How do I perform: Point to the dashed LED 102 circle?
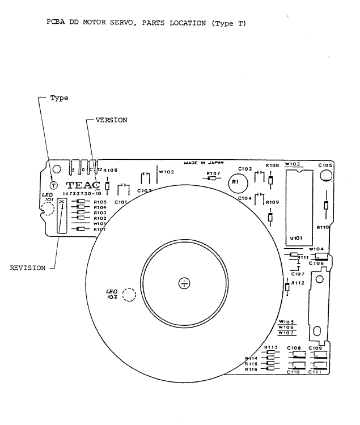point(129,295)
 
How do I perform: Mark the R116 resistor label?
point(252,369)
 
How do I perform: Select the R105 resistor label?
point(100,202)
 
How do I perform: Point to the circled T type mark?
point(53,185)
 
